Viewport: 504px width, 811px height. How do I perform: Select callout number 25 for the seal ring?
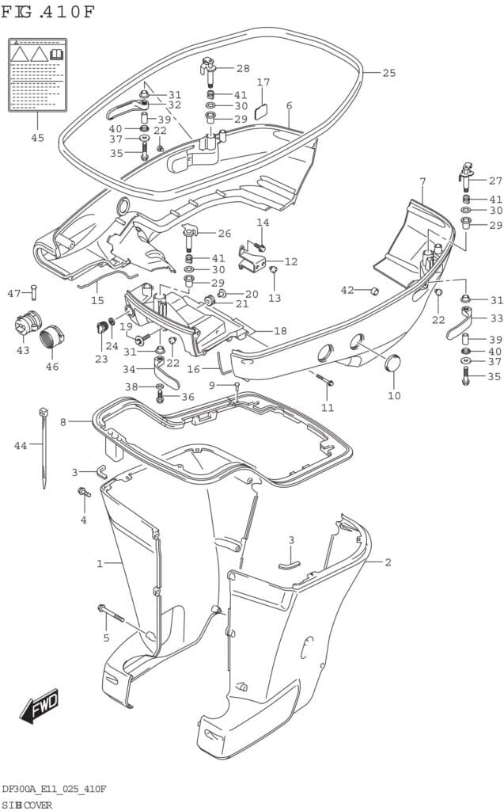(x=388, y=74)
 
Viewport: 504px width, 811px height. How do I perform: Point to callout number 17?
(x=263, y=82)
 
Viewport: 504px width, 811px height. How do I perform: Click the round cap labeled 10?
(x=391, y=365)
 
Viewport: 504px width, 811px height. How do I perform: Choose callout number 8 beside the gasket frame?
(x=63, y=422)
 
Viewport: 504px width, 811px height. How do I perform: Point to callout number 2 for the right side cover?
(x=388, y=562)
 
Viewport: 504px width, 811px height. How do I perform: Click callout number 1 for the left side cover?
(x=100, y=563)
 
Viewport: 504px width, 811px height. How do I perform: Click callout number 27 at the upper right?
(x=495, y=180)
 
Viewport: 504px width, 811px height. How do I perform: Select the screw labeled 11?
(x=325, y=381)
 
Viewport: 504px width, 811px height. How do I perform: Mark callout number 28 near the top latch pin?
(x=242, y=69)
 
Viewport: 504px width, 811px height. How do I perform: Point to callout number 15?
(x=97, y=300)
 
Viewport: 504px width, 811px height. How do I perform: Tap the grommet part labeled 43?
(x=24, y=326)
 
